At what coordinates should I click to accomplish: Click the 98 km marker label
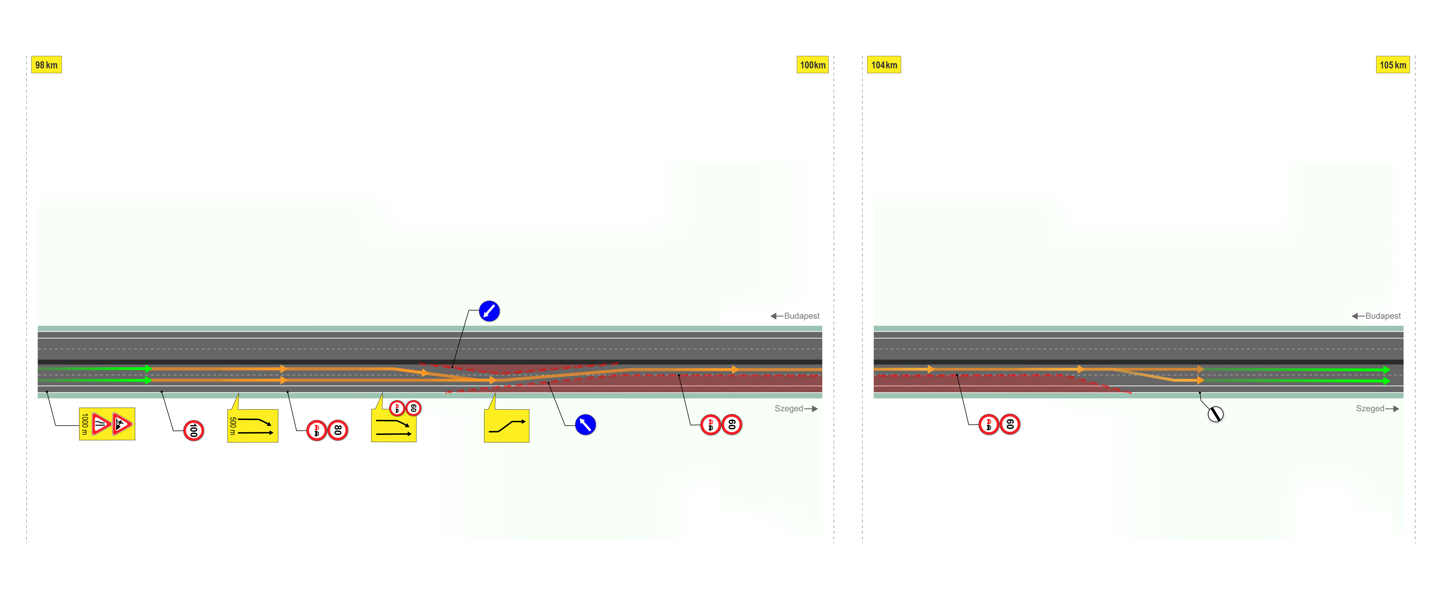[46, 65]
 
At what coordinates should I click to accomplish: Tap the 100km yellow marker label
[812, 65]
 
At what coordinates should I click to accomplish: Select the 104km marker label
[884, 65]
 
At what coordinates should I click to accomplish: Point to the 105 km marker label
[1393, 65]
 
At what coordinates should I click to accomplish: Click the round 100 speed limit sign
[194, 430]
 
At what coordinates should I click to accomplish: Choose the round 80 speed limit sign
[338, 430]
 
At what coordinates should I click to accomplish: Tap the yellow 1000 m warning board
[107, 424]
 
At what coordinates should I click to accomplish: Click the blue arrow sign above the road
[489, 311]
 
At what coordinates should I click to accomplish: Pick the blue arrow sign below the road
[585, 425]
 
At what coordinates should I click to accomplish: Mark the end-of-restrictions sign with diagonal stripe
[1215, 415]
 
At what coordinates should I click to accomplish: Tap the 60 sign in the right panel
[1010, 424]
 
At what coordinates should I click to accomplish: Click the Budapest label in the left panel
[802, 316]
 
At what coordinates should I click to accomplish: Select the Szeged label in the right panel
[1370, 408]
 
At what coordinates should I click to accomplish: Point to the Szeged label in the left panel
[789, 408]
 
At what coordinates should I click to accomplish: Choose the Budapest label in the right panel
[1383, 316]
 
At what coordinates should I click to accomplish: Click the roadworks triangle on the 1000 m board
[122, 424]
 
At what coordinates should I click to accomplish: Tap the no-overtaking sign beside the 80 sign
[316, 430]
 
